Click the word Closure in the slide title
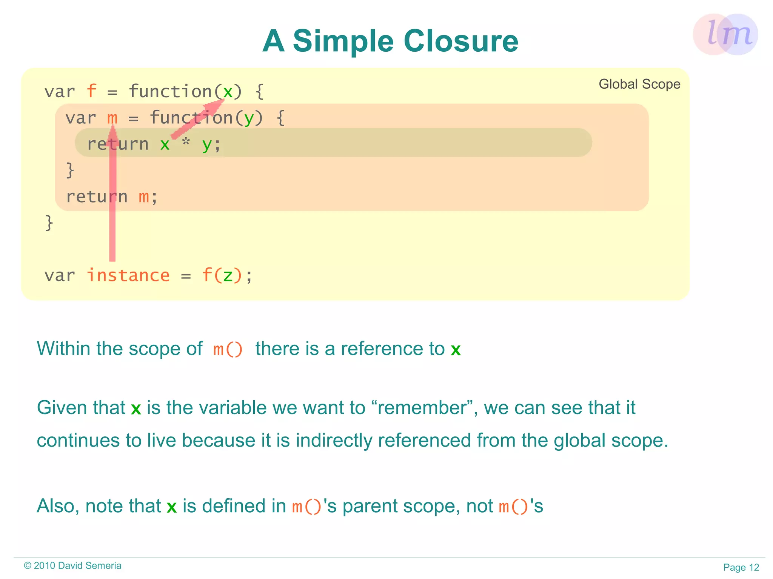461,41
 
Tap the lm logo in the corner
725,34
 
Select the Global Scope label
639,84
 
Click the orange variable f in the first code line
91,92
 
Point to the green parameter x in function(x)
228,92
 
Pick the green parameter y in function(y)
249,118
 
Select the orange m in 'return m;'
144,197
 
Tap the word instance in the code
128,275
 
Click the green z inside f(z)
227,275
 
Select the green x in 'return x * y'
165,144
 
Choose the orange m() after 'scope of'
228,349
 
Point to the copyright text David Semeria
89,565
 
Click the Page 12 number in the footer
741,567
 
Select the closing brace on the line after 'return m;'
49,223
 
